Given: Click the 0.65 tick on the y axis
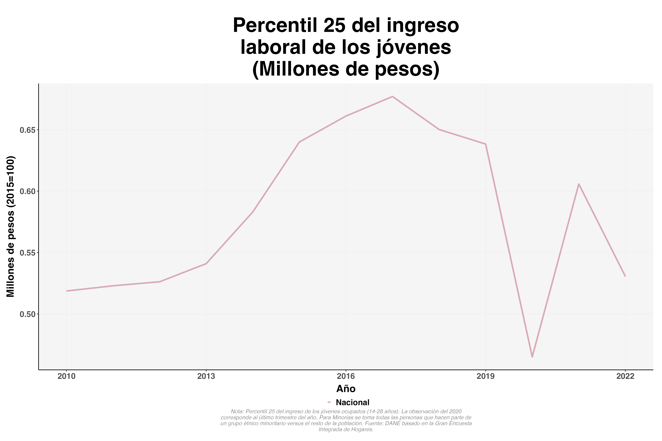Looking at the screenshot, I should point(27,130).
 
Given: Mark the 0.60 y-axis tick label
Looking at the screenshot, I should point(27,192).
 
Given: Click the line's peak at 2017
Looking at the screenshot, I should point(392,96).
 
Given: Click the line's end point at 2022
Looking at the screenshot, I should point(625,276).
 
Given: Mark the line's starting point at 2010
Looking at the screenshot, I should point(67,291).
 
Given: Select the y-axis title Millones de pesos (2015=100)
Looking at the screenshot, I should point(11,227).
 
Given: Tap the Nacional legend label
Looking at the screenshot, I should point(352,402).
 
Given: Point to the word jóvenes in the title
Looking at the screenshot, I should point(414,47).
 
